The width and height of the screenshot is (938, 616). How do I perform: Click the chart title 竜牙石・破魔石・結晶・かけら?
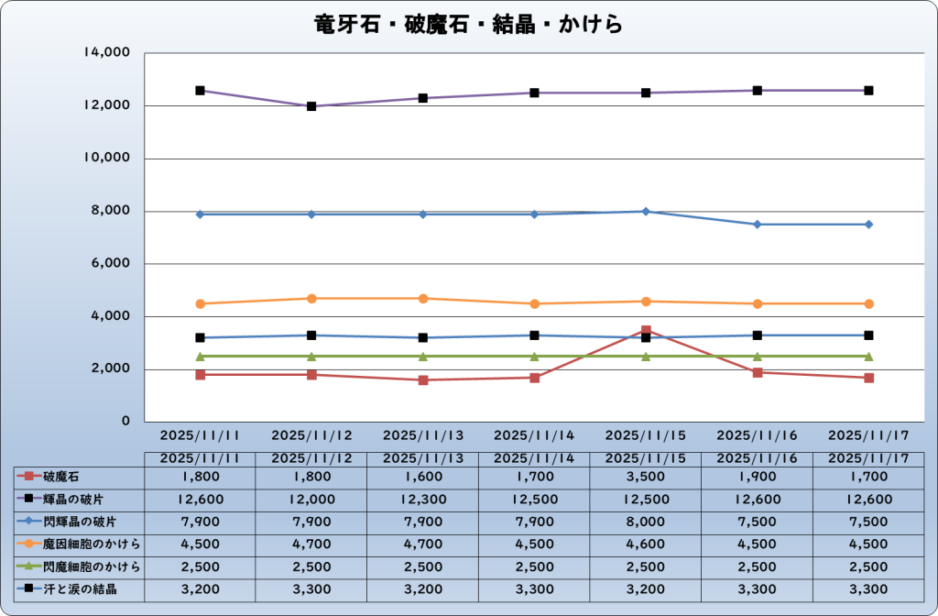click(468, 24)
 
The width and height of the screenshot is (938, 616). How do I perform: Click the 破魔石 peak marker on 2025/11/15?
click(646, 331)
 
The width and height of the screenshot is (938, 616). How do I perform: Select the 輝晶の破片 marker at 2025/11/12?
click(311, 106)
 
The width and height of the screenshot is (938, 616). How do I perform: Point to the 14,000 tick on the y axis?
click(108, 53)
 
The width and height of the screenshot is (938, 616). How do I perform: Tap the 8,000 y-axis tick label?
click(112, 212)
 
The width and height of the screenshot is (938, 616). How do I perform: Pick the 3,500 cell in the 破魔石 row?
click(646, 477)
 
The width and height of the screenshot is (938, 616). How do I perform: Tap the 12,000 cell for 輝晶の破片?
click(311, 499)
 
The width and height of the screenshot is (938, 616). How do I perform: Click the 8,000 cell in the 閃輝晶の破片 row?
click(646, 522)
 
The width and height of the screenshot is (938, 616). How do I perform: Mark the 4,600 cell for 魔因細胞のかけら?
click(646, 544)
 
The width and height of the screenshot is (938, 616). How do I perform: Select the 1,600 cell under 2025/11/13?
click(423, 477)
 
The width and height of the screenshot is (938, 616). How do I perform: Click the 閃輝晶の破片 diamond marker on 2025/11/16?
click(758, 225)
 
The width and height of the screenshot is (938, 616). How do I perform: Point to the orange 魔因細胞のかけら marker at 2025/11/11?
click(200, 303)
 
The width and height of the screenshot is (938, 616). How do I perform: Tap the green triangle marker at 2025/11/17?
click(868, 356)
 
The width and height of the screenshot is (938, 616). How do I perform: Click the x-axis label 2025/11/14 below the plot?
click(534, 435)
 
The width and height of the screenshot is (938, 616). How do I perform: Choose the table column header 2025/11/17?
click(868, 457)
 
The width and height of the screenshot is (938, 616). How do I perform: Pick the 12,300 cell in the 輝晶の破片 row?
click(423, 499)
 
